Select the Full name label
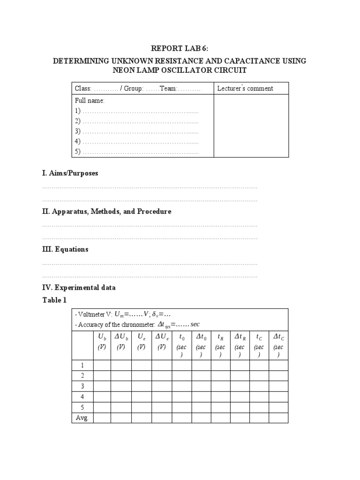(x=90, y=101)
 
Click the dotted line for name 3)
(x=140, y=131)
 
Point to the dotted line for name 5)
(x=140, y=152)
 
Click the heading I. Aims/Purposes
(x=70, y=173)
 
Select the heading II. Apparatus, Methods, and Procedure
(x=107, y=211)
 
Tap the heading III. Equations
(x=65, y=249)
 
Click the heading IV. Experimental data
(x=79, y=287)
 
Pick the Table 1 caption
(x=52, y=300)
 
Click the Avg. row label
(x=82, y=418)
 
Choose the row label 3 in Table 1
(x=82, y=386)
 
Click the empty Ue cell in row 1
(x=141, y=366)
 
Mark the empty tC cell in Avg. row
(x=259, y=418)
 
